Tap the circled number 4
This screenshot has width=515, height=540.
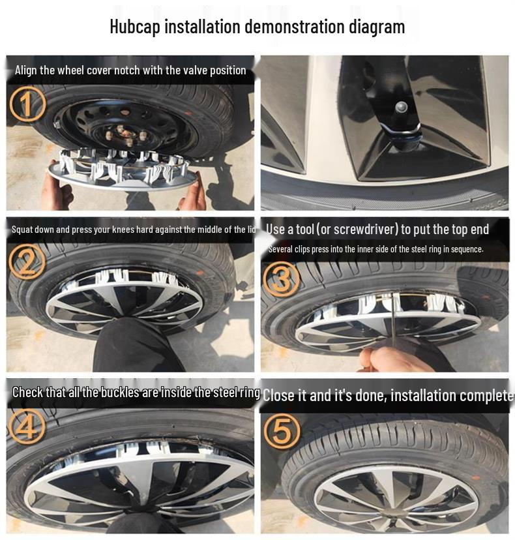(27, 427)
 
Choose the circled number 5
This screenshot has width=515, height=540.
(281, 430)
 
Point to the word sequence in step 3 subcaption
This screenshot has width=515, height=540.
(465, 250)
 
